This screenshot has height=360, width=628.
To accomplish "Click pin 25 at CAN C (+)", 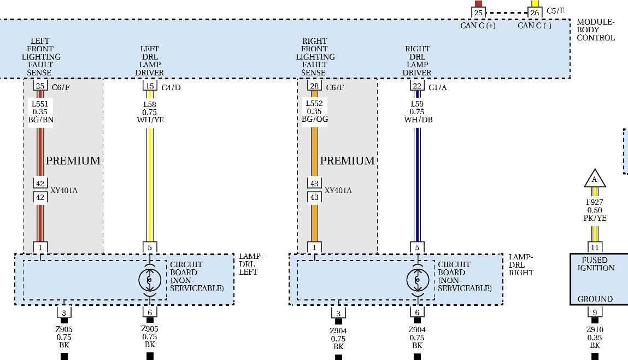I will click(x=478, y=12).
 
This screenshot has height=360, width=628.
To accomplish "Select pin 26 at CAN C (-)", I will click(x=535, y=12).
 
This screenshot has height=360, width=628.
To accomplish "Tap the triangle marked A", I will click(x=595, y=179).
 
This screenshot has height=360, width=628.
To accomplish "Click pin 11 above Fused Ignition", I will click(x=595, y=247).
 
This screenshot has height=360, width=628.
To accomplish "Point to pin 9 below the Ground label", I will click(x=595, y=312).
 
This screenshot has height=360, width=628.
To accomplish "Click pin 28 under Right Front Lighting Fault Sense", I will click(x=314, y=86).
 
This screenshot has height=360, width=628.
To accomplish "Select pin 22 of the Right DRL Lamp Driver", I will click(x=417, y=86).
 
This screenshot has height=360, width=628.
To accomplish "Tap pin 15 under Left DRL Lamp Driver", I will click(x=150, y=86).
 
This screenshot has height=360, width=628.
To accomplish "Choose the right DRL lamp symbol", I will click(x=417, y=280).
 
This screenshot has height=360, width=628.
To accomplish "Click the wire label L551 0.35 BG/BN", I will click(x=40, y=111).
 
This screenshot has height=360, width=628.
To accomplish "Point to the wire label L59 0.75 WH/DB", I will click(x=418, y=112).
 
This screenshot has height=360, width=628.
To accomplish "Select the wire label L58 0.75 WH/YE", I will click(x=150, y=112).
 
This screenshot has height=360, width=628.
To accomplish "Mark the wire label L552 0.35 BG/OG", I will click(x=314, y=111).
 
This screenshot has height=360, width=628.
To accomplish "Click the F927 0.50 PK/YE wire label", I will click(x=595, y=210).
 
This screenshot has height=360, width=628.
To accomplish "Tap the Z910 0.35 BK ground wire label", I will click(x=595, y=338).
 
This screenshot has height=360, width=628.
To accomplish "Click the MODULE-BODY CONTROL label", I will click(x=596, y=30).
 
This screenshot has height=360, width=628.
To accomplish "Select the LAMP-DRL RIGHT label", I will click(x=520, y=265).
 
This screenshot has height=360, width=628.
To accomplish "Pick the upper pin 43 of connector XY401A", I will click(x=314, y=184).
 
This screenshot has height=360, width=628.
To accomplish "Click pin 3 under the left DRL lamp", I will click(x=64, y=312).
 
